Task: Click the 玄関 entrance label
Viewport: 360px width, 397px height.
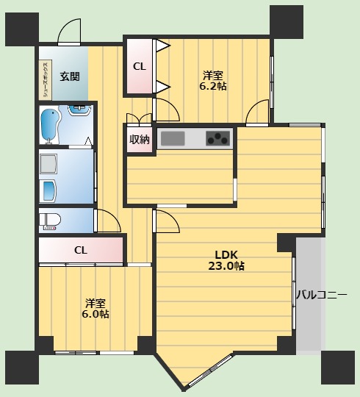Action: pyautogui.click(x=70, y=76)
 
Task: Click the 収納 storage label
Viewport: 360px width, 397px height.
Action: pyautogui.click(x=140, y=139)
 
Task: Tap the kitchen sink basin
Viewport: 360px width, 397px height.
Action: pyautogui.click(x=174, y=137)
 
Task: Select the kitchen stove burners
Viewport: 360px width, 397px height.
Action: pyautogui.click(x=218, y=137)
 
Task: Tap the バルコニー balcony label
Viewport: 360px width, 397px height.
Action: pyautogui.click(x=321, y=295)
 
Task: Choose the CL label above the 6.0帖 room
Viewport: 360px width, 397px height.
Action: pyautogui.click(x=81, y=250)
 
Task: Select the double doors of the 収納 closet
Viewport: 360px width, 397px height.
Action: pyautogui.click(x=140, y=120)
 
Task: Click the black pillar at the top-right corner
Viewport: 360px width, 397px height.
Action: pyautogui.click(x=286, y=21)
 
